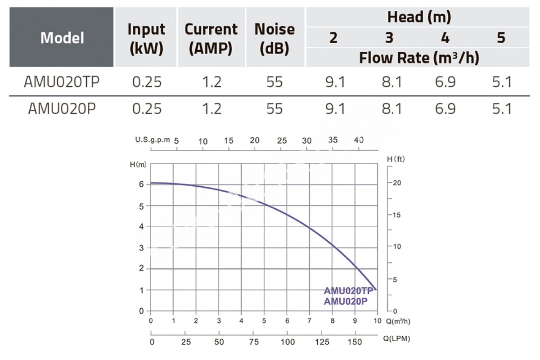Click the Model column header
click(x=62, y=38)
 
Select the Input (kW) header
click(x=146, y=38)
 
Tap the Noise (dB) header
click(x=274, y=38)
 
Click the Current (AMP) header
click(x=211, y=38)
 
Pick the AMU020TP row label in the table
click(x=62, y=82)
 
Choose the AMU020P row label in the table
click(x=62, y=109)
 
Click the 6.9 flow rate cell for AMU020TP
click(x=445, y=82)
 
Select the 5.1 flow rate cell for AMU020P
click(x=501, y=109)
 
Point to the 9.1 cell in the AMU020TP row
click(x=333, y=82)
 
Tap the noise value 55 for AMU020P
click(x=274, y=109)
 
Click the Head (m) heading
click(x=418, y=17)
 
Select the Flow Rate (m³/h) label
click(x=418, y=58)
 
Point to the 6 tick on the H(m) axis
click(x=141, y=184)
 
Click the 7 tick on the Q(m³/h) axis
click(x=310, y=321)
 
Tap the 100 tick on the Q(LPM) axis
click(x=287, y=342)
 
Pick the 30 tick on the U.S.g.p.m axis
click(x=306, y=140)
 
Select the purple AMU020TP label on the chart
click(x=348, y=291)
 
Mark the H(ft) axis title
click(x=396, y=160)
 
